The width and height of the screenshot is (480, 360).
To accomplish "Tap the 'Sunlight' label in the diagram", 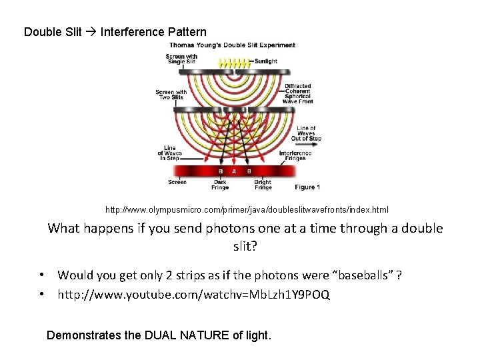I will [x=279, y=59].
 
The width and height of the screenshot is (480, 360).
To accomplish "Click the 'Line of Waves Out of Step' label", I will [x=309, y=133].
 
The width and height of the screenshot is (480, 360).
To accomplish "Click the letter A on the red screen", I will [x=234, y=171].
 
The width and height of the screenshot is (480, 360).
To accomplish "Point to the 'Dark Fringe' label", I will [x=220, y=185].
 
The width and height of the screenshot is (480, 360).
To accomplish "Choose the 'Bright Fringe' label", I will [x=263, y=185].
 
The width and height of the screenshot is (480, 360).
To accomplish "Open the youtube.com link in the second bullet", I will [x=193, y=294].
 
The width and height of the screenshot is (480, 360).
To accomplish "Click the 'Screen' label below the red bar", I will [x=177, y=182].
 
